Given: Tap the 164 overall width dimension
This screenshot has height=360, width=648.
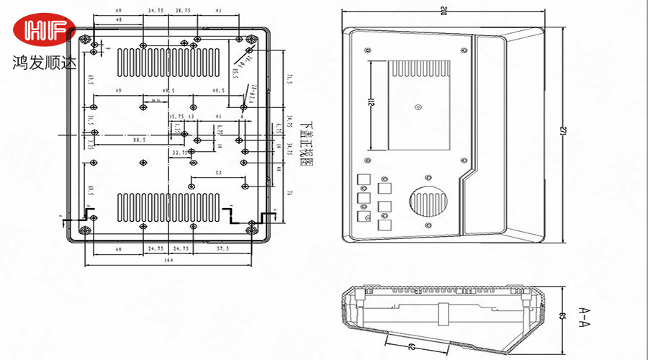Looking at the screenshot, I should coord(168,261).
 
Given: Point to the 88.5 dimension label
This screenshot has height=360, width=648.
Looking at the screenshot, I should coord(140,140).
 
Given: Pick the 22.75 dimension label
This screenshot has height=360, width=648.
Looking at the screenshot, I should coord(180,153).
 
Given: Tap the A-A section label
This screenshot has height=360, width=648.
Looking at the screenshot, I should coord(584,315).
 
